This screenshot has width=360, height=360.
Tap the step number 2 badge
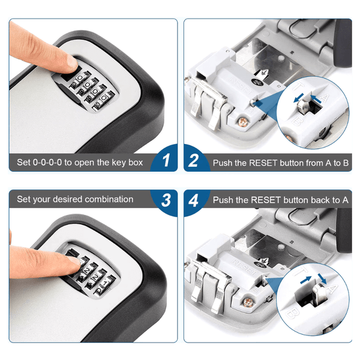[194, 161]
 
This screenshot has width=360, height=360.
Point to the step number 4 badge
[194, 200]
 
